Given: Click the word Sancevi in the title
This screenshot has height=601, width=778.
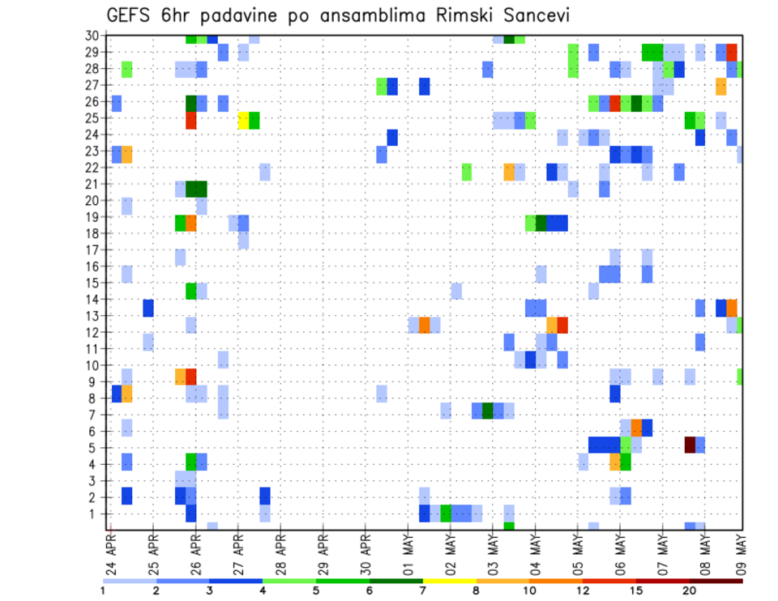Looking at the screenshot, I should [543, 15].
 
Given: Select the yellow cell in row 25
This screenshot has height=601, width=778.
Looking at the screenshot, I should [243, 120].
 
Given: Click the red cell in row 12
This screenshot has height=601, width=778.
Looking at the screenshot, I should [562, 325].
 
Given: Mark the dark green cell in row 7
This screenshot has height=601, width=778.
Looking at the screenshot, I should [488, 411].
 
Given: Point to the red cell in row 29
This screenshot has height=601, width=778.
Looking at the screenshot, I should [732, 52].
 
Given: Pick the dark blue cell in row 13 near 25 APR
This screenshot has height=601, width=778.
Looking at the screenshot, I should [148, 308].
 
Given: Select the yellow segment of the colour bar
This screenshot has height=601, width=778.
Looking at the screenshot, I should [449, 581].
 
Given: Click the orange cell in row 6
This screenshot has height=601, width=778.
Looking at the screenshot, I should [636, 427].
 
